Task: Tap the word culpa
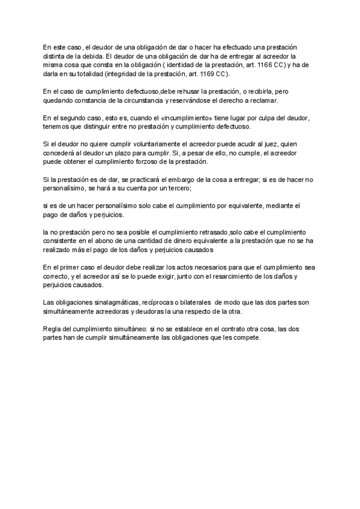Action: (264, 118)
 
